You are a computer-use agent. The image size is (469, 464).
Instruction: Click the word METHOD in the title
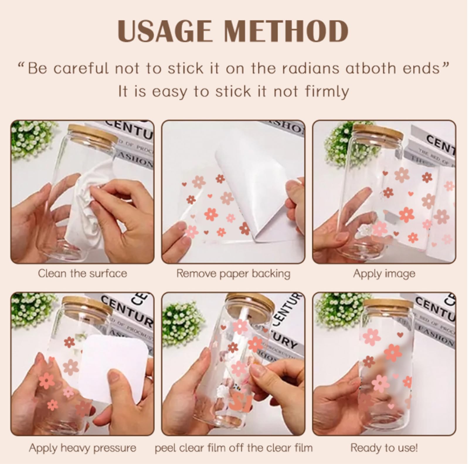pyautogui.click(x=286, y=31)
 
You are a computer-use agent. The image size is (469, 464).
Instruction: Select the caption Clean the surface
pyautogui.click(x=82, y=273)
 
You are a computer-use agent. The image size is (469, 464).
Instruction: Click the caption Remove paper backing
pyautogui.click(x=233, y=273)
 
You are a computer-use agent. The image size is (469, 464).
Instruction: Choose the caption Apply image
pyautogui.click(x=384, y=273)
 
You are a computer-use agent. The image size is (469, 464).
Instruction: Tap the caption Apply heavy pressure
pyautogui.click(x=82, y=448)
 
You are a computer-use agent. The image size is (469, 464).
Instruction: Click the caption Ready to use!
pyautogui.click(x=384, y=448)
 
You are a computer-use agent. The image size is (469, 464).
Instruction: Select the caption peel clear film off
pyautogui.click(x=233, y=448)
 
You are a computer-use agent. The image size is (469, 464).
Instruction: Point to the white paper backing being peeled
pyautogui.click(x=258, y=188)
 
